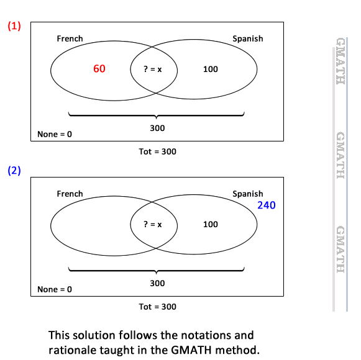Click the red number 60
(99, 68)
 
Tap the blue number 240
(267, 205)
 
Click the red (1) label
(14, 26)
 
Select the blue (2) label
(14, 171)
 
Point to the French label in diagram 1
(70, 38)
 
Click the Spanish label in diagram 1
(248, 38)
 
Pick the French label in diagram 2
(70, 194)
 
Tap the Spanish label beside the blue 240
(248, 194)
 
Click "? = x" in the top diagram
(153, 69)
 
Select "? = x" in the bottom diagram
(153, 224)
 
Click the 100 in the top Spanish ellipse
(211, 70)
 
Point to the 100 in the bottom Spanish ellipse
(211, 224)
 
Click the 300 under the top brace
(157, 128)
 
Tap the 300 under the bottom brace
(157, 283)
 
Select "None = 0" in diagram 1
(55, 134)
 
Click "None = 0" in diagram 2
(55, 289)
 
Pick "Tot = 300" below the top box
(157, 151)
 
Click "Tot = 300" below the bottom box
(157, 307)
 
